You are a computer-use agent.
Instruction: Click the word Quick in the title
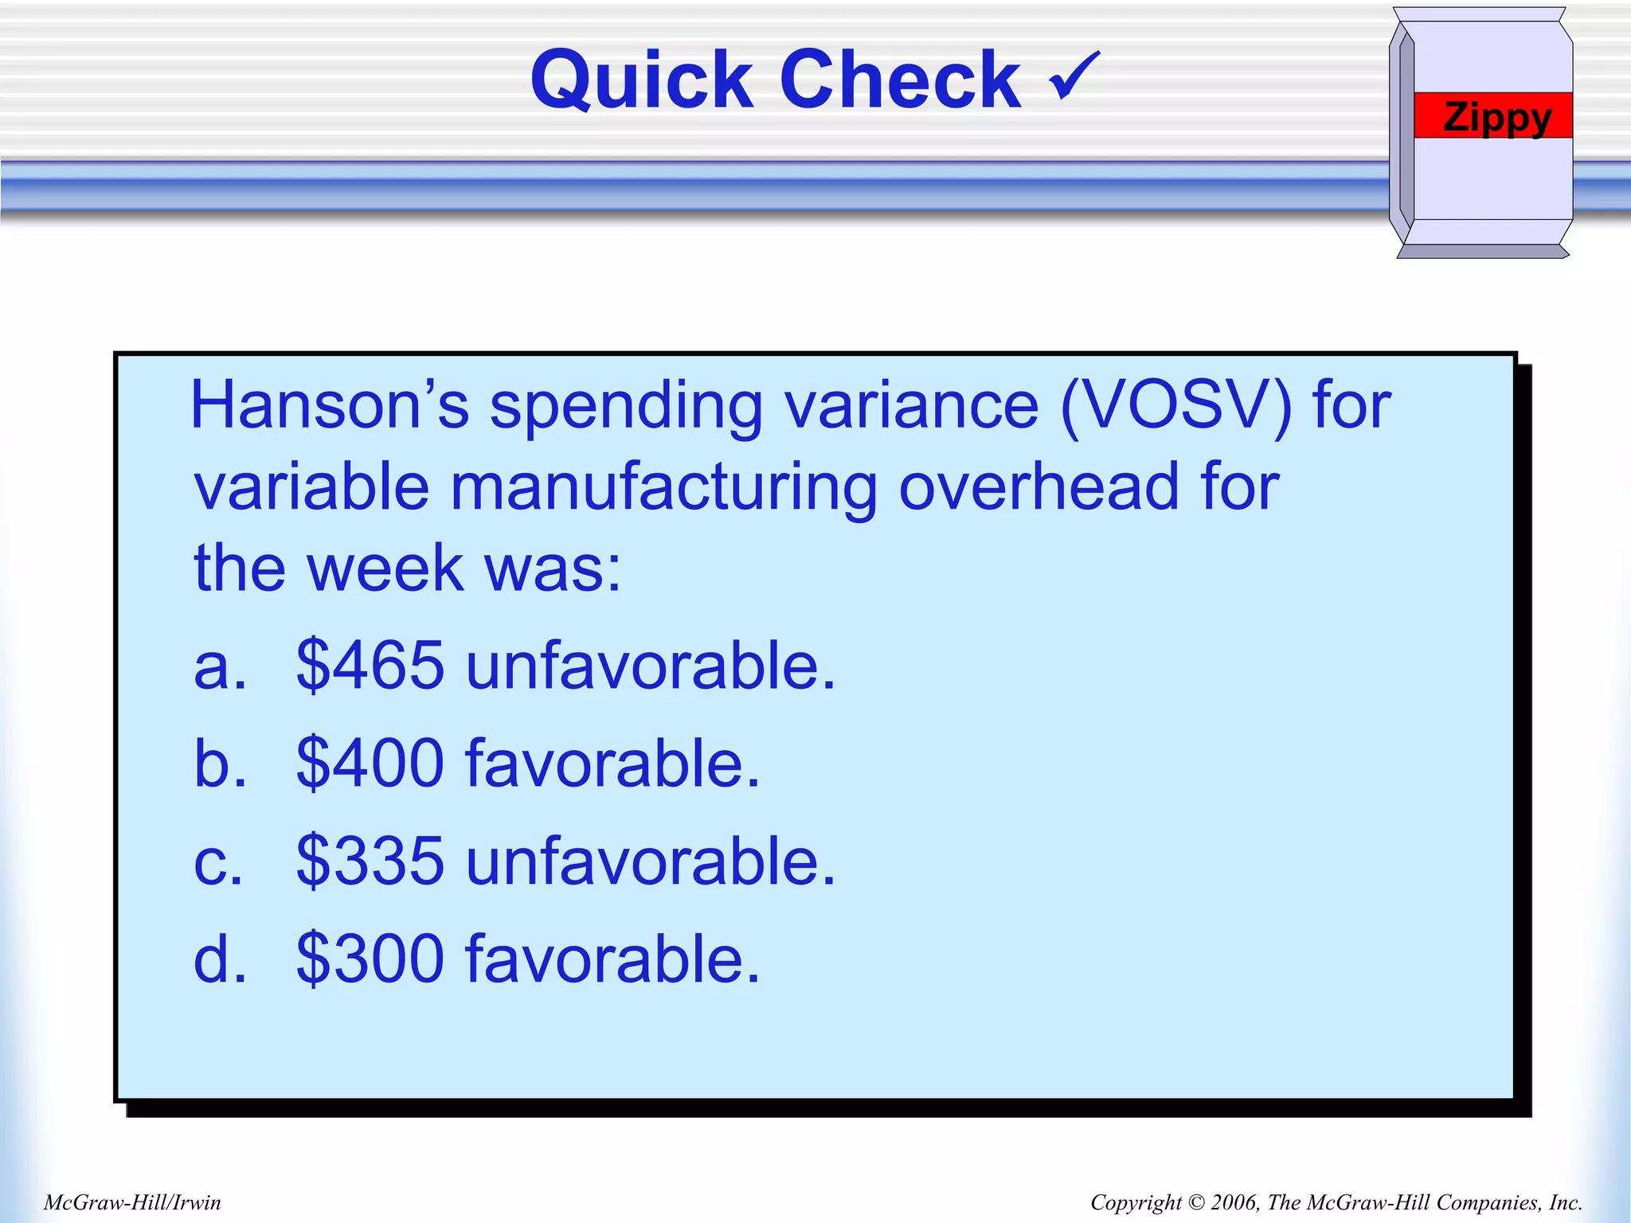tap(641, 80)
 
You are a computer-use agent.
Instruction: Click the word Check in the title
tap(900, 80)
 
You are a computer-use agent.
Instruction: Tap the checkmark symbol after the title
tap(1074, 76)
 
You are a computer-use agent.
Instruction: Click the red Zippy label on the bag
tap(1496, 116)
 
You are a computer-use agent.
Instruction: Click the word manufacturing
tap(663, 487)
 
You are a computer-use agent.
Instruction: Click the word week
tap(385, 569)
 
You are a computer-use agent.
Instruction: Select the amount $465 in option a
tap(370, 666)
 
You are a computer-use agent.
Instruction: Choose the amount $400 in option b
tap(370, 764)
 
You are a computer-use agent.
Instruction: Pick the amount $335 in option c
tap(370, 862)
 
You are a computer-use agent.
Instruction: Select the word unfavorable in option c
tap(651, 862)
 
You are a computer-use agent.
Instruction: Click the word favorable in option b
tap(612, 764)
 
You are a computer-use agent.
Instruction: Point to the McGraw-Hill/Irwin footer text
tap(132, 1202)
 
